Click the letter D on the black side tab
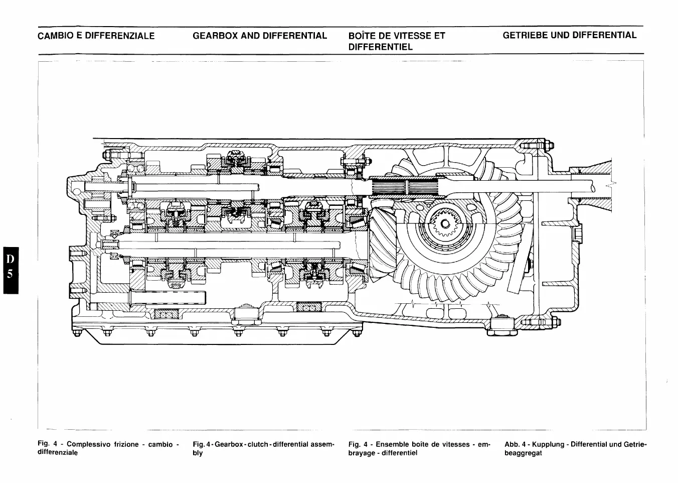(9, 259)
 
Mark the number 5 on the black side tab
(9, 275)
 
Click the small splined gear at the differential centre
(443, 224)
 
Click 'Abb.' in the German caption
(512, 444)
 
